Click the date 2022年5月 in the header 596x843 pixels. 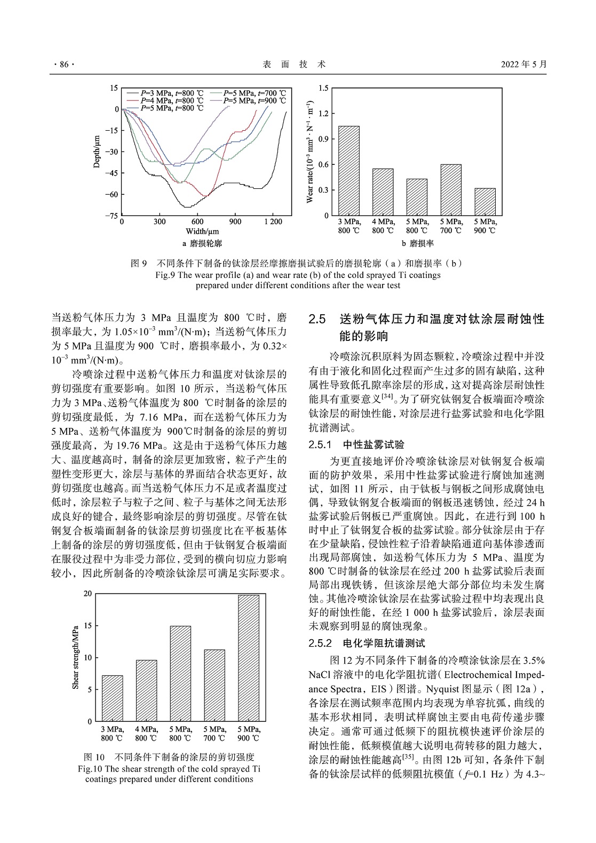click(523, 65)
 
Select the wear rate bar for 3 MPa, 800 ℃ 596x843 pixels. click(349, 171)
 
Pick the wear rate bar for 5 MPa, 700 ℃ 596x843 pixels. click(451, 190)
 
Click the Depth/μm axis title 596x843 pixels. click(97, 152)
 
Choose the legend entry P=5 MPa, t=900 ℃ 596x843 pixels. click(254, 100)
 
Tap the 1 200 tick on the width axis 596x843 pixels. click(272, 222)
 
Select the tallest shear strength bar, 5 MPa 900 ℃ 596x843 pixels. click(248, 658)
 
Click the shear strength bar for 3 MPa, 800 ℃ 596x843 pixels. click(113, 698)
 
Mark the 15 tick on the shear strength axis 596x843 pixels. click(88, 625)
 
